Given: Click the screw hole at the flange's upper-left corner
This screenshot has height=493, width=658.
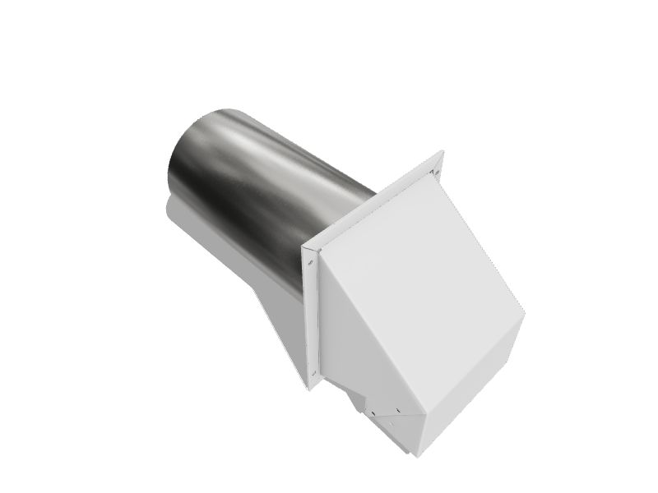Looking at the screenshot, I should (x=310, y=263).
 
